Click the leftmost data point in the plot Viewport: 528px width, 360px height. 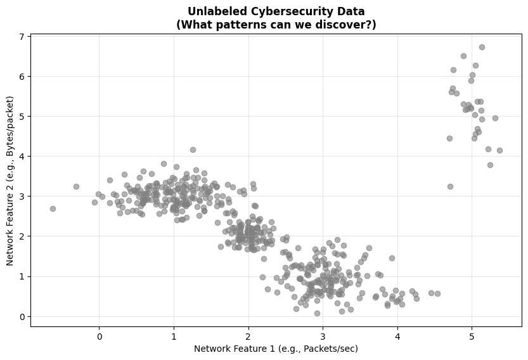pos(53,209)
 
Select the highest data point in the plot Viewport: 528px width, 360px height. pos(482,47)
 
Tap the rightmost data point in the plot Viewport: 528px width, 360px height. pos(499,150)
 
